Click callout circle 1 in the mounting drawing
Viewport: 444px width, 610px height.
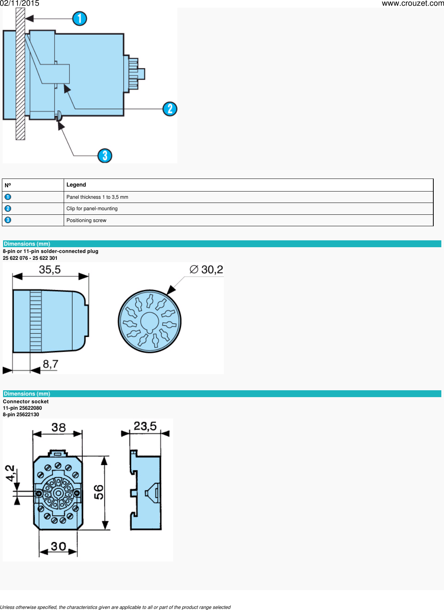click(80, 18)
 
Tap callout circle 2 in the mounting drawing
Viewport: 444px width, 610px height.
click(170, 109)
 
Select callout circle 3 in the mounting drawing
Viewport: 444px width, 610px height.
click(105, 156)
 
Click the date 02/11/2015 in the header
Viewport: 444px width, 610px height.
click(20, 3)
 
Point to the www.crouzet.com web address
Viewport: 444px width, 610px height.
click(413, 3)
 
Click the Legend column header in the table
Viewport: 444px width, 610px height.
click(76, 185)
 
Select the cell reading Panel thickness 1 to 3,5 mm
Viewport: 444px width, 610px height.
click(97, 197)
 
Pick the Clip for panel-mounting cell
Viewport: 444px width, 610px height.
click(92, 209)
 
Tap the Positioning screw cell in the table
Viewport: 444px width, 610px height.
click(86, 221)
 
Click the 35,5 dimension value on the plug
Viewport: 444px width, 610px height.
click(50, 270)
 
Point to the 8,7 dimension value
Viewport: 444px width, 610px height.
click(50, 364)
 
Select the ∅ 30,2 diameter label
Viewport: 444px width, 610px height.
click(206, 270)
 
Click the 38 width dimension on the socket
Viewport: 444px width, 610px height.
click(58, 427)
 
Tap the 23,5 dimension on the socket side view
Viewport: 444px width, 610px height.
click(145, 426)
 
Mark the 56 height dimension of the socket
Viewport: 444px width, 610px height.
click(99, 492)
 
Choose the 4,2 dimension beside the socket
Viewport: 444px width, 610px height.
click(10, 473)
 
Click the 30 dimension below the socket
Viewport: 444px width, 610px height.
click(58, 546)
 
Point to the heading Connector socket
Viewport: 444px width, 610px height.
click(26, 401)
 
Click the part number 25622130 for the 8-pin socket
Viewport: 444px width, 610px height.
click(27, 415)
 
